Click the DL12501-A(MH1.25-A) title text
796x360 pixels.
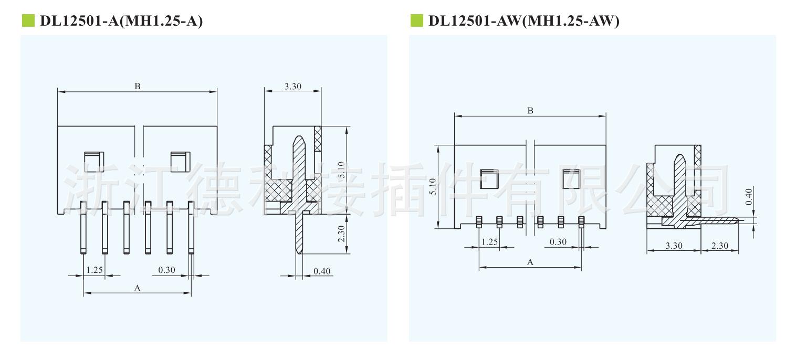[121, 21]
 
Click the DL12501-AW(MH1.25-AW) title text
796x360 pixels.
[524, 21]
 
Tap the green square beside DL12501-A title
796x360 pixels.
[28, 20]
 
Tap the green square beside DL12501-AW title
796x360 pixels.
[416, 20]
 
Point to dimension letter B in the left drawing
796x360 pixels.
[138, 86]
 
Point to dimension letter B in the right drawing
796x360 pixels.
[530, 111]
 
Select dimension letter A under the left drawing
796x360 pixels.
[138, 288]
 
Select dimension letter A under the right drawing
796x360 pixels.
[530, 262]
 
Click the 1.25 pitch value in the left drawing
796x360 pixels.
[95, 270]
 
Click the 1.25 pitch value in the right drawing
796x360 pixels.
[489, 242]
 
